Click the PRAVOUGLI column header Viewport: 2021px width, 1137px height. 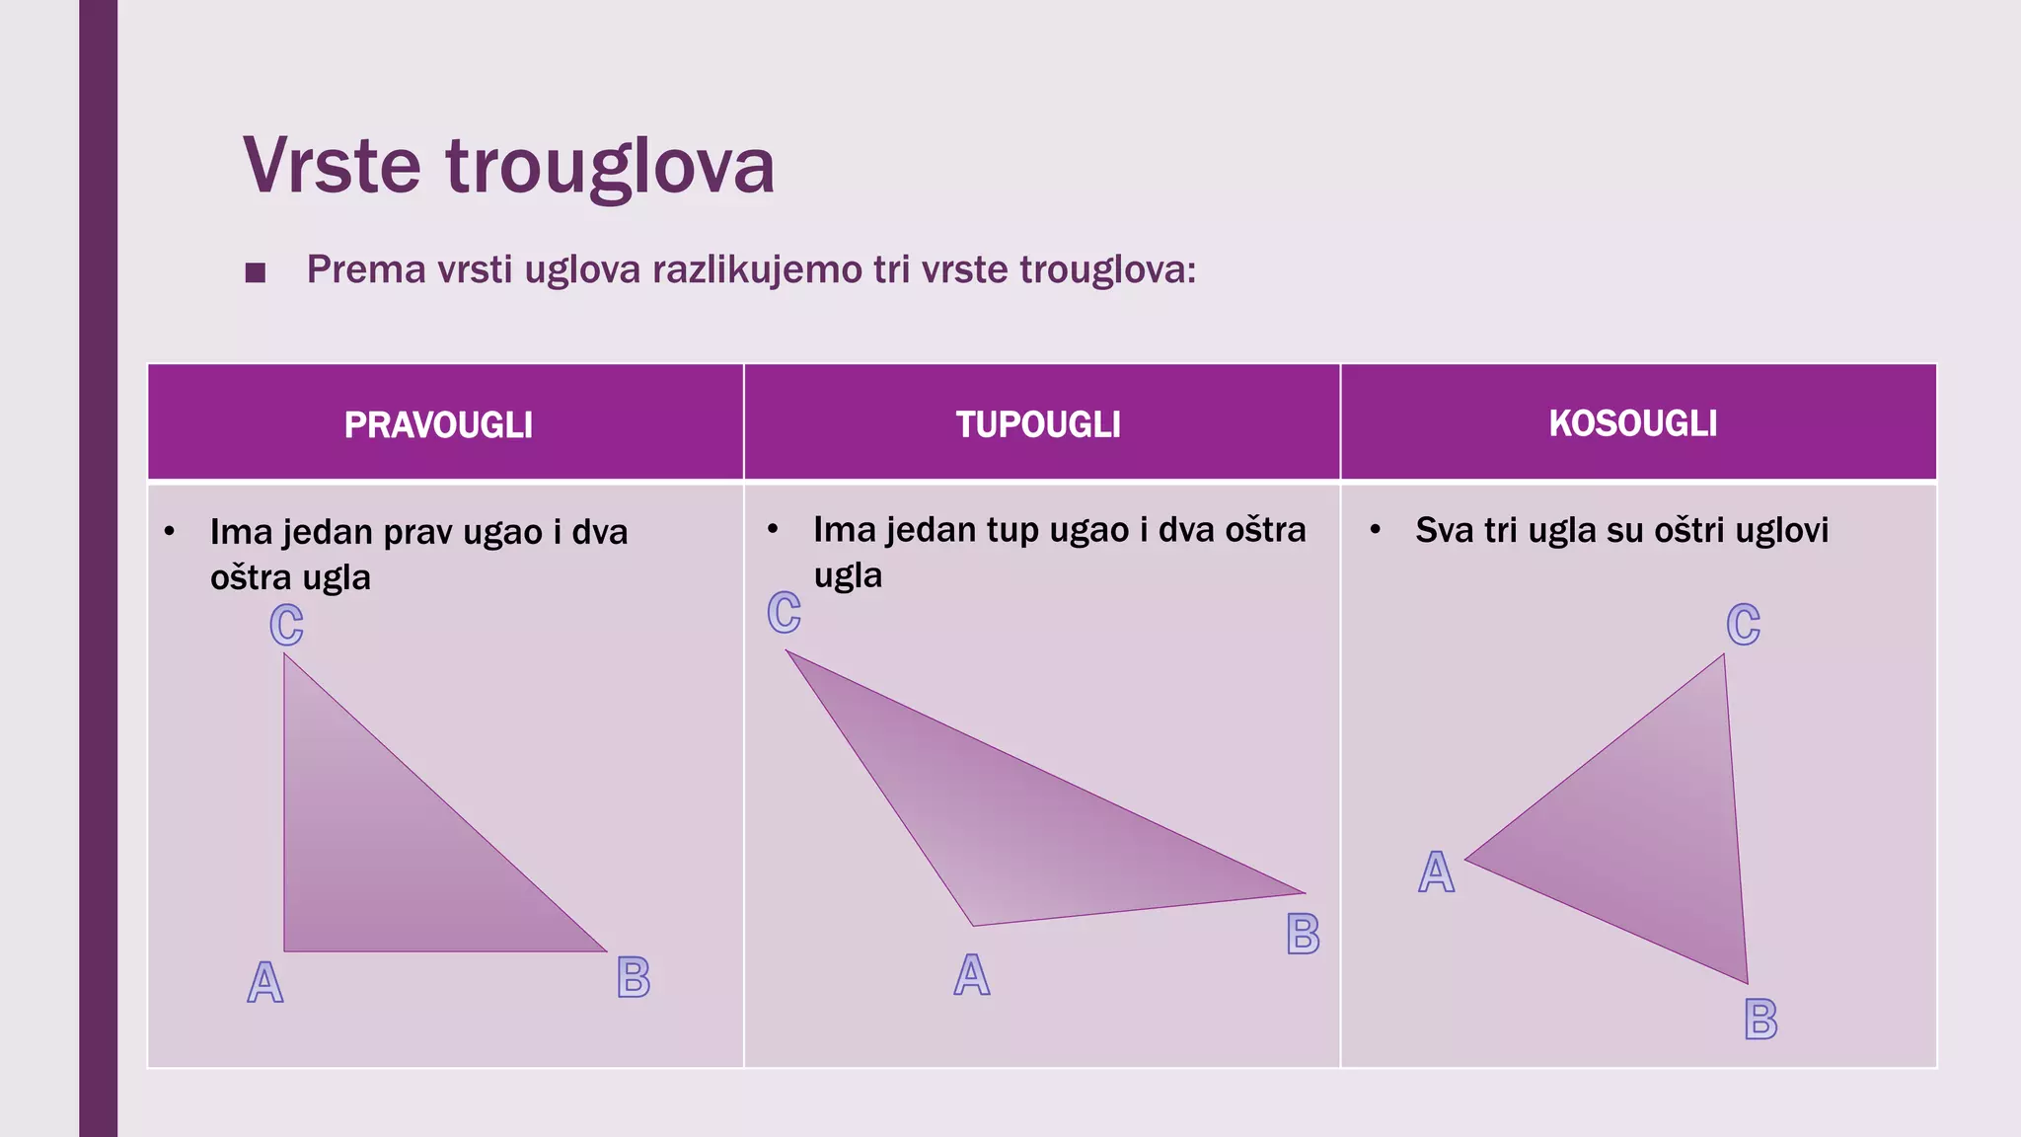pos(438,425)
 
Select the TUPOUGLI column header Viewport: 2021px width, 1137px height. pos(1038,425)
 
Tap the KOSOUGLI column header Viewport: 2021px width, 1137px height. pos(1633,423)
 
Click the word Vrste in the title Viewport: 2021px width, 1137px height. pos(333,166)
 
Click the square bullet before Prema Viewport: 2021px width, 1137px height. pos(256,272)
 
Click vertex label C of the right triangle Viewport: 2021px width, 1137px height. pos(286,625)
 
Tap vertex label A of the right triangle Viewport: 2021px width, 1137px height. pos(264,983)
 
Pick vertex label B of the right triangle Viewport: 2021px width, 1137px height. pos(634,978)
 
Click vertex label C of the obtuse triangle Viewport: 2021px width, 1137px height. pos(785,613)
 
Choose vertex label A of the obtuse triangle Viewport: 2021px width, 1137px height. pos(972,975)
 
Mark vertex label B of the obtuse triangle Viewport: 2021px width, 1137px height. pos(1304,934)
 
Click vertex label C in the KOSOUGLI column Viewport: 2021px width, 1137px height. pos(1744,625)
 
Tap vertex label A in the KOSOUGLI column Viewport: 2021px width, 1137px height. pos(1437,872)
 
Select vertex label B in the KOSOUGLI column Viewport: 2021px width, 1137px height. pos(1761,1020)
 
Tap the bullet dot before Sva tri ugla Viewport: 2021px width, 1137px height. pos(1375,530)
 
